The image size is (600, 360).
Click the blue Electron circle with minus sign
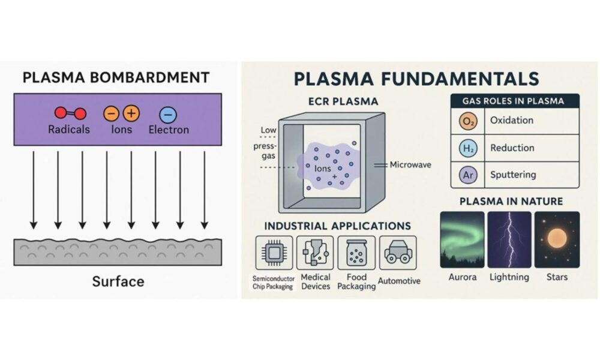point(167,115)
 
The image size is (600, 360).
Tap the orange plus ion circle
point(131,113)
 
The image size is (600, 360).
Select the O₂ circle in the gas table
point(468,121)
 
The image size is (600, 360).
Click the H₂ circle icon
point(468,148)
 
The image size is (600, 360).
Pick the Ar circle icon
point(468,175)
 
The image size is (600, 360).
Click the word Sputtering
point(513,175)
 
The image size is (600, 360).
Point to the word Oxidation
point(512,120)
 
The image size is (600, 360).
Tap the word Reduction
point(512,148)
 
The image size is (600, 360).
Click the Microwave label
point(410,165)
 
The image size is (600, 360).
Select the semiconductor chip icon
point(274,253)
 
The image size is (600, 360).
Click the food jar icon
point(356,253)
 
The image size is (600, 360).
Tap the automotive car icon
point(398,253)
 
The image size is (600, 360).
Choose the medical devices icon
point(315,253)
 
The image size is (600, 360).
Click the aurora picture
point(462,240)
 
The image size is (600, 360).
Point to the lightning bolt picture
point(509,240)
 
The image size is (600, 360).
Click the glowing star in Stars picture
point(557,238)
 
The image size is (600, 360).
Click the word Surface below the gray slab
point(118,281)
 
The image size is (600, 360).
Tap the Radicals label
point(69,130)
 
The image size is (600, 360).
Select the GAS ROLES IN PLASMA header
point(513,101)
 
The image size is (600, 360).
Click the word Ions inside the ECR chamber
point(322,169)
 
